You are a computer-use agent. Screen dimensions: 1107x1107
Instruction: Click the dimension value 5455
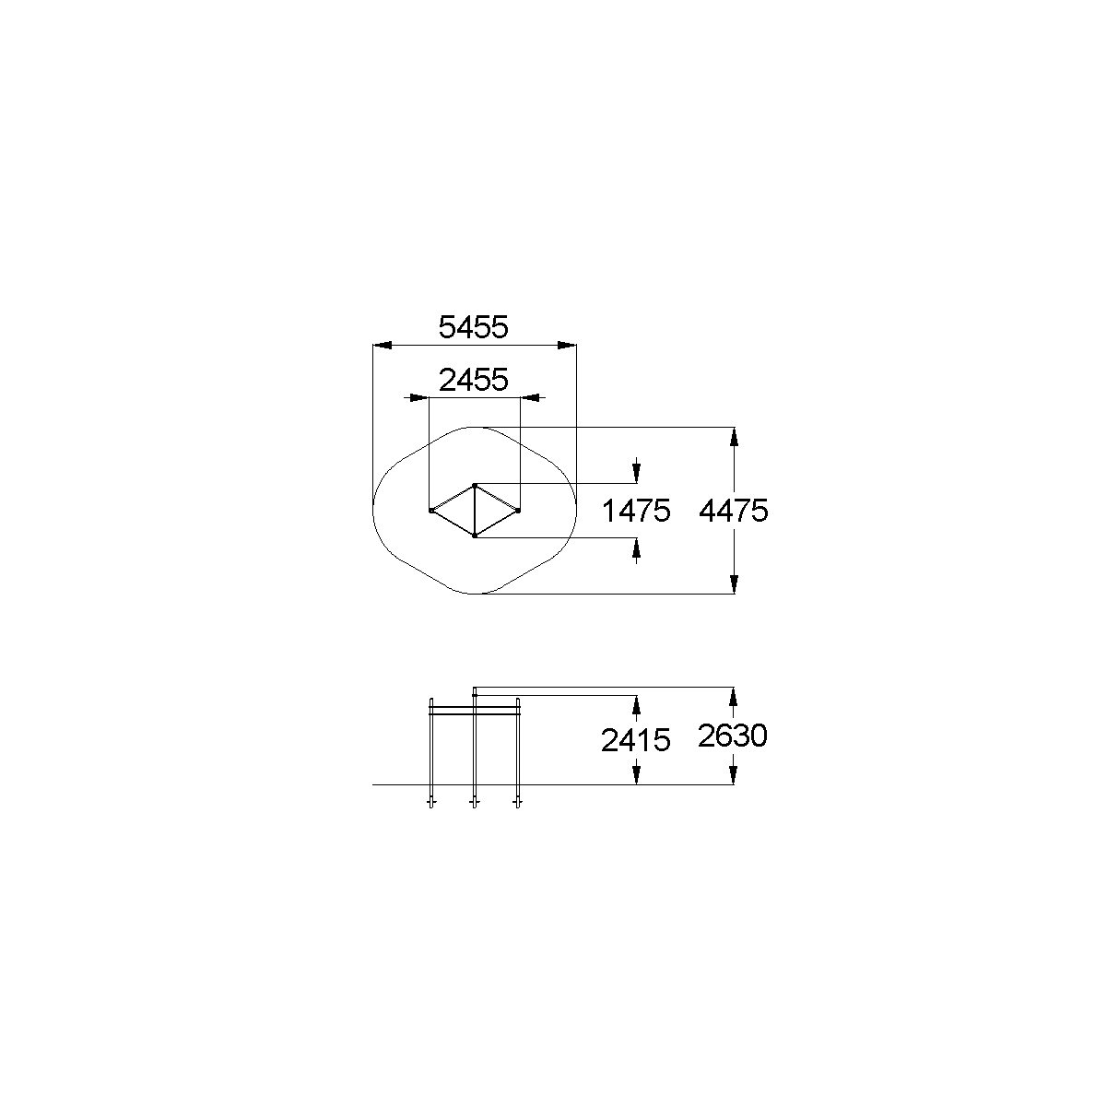coord(474,327)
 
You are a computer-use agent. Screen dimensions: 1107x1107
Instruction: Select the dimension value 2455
coord(474,381)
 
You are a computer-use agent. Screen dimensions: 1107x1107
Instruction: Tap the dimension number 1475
coord(636,511)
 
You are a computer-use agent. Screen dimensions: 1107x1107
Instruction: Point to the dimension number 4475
coord(734,511)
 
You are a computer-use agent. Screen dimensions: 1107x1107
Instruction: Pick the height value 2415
coord(636,740)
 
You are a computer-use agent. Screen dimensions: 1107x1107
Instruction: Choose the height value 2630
coord(733,736)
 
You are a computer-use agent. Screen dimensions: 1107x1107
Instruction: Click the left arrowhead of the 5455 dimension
coord(382,346)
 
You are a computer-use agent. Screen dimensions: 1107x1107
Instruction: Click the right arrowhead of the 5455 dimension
coord(567,346)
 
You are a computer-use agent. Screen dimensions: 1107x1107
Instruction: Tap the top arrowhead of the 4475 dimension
coord(734,437)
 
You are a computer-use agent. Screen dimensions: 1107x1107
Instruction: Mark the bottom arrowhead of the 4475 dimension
coord(734,584)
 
